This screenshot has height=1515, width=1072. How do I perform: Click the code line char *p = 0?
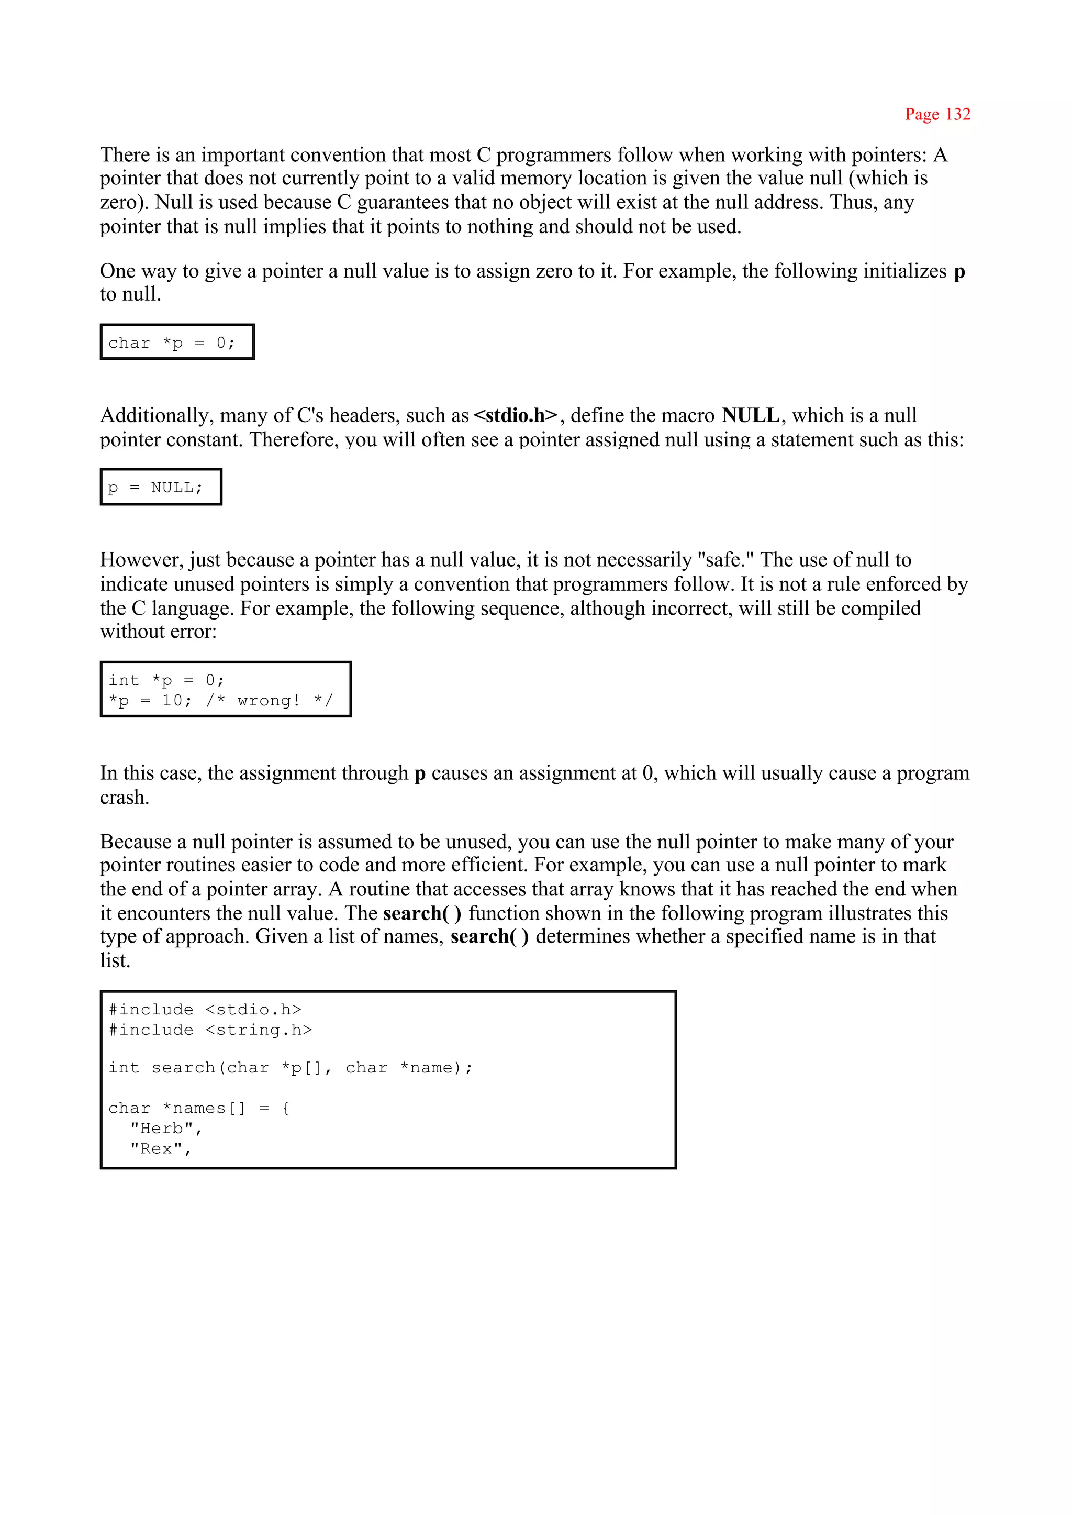click(172, 343)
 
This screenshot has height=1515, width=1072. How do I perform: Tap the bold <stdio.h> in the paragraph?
click(516, 415)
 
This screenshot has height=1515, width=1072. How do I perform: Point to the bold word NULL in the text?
click(751, 415)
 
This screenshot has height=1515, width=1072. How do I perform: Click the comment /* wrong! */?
click(270, 701)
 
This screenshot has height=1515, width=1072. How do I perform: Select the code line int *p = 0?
click(166, 680)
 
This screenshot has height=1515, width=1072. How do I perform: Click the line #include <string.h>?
click(210, 1030)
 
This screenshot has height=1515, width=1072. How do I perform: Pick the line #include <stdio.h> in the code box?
click(205, 1009)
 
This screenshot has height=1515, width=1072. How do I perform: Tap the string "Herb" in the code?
click(161, 1128)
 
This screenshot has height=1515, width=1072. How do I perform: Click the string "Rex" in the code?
click(156, 1148)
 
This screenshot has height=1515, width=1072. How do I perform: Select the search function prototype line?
click(291, 1068)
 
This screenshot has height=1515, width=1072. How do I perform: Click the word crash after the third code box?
click(124, 798)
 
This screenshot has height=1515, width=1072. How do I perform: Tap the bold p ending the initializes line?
click(959, 271)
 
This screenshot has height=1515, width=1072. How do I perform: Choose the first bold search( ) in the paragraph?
click(422, 913)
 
